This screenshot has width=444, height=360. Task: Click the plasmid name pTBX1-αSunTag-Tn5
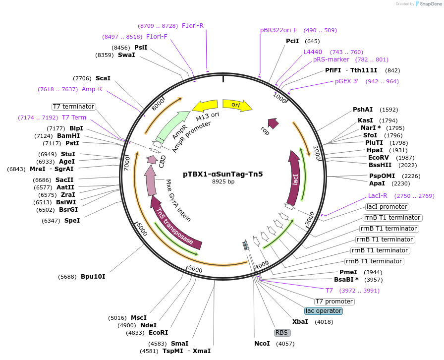point(223,174)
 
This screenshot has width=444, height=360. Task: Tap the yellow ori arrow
point(237,105)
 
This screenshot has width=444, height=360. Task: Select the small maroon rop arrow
point(273,123)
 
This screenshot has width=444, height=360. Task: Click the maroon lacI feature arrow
point(294,178)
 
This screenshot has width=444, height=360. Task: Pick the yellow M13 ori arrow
point(205,106)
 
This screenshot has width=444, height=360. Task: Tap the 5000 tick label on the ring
point(195,269)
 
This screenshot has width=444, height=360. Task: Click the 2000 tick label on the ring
point(317,153)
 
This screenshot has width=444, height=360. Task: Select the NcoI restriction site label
point(262,344)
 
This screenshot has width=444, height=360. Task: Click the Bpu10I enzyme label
point(93,276)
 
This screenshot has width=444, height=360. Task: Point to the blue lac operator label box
point(324,311)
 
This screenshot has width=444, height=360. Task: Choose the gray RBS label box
point(281,333)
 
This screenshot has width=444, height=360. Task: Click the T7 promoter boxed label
point(334,301)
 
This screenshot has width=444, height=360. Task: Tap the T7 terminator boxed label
point(74,107)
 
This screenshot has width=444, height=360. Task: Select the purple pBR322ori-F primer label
point(278,30)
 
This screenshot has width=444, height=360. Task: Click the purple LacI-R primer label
point(378,196)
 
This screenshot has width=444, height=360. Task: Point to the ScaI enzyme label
point(103,78)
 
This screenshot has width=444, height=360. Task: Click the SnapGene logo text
point(431,3)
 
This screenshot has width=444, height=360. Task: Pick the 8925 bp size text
point(223,181)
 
